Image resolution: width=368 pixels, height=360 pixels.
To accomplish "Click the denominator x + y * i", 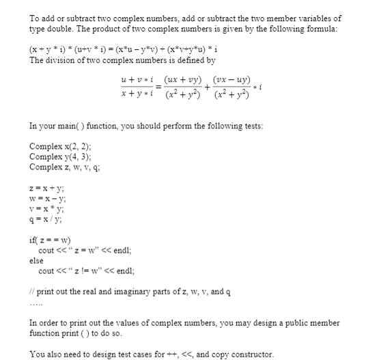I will coord(134,93).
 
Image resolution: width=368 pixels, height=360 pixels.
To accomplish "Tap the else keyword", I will coord(37,261).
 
